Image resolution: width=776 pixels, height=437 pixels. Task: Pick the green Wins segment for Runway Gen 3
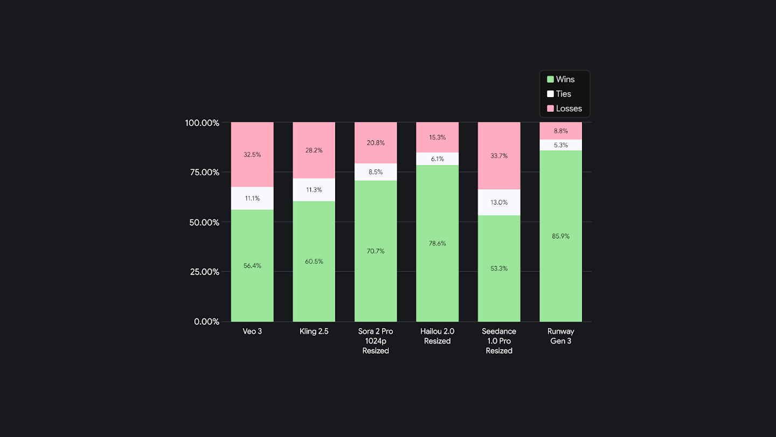pos(560,270)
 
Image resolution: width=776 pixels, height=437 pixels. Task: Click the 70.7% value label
pos(376,251)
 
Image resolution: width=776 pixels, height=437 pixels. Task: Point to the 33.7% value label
pos(499,156)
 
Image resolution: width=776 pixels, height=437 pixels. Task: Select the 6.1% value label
pos(437,159)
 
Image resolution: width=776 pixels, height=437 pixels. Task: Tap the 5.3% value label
pos(560,145)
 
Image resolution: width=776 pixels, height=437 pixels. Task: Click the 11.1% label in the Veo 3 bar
pos(252,199)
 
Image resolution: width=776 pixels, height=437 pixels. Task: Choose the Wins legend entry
pos(565,79)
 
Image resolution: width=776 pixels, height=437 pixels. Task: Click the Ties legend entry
pos(563,94)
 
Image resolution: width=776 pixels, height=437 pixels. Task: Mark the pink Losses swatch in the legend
pos(550,108)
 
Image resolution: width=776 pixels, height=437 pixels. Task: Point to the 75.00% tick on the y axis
pos(202,172)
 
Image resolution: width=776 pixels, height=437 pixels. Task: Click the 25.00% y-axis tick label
pos(202,272)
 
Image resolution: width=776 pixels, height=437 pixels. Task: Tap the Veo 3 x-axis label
pos(252,331)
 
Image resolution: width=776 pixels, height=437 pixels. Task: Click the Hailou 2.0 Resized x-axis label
pos(437,336)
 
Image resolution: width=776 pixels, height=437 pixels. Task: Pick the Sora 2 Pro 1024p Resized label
pos(376,341)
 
